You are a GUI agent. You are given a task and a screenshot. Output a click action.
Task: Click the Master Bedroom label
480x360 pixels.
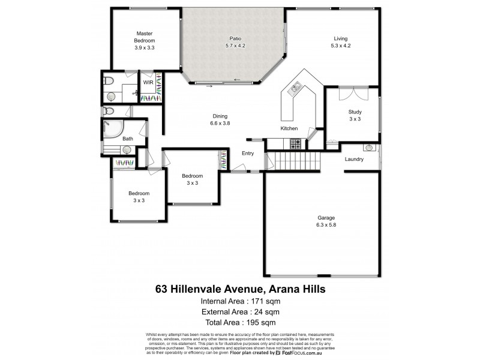[145, 37]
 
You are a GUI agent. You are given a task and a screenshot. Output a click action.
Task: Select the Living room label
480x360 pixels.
[340, 39]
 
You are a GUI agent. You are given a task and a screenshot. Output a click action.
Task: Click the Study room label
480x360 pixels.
[355, 112]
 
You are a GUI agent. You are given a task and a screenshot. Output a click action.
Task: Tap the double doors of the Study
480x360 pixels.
[353, 94]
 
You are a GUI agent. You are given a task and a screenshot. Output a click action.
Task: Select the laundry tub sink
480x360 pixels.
[370, 147]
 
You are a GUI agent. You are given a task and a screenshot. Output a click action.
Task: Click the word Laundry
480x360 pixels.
[355, 159]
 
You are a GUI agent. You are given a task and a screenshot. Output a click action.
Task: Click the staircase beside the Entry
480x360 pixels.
[294, 161]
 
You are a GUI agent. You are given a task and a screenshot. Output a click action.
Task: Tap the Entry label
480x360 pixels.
[248, 154]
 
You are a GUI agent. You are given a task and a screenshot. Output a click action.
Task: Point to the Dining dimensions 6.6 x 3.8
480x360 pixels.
[220, 124]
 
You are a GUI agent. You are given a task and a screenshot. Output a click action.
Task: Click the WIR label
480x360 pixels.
[148, 82]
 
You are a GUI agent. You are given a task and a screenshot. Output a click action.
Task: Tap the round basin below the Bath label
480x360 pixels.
[127, 151]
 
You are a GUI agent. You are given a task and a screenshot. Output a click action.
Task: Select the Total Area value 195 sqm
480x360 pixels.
[260, 323]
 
